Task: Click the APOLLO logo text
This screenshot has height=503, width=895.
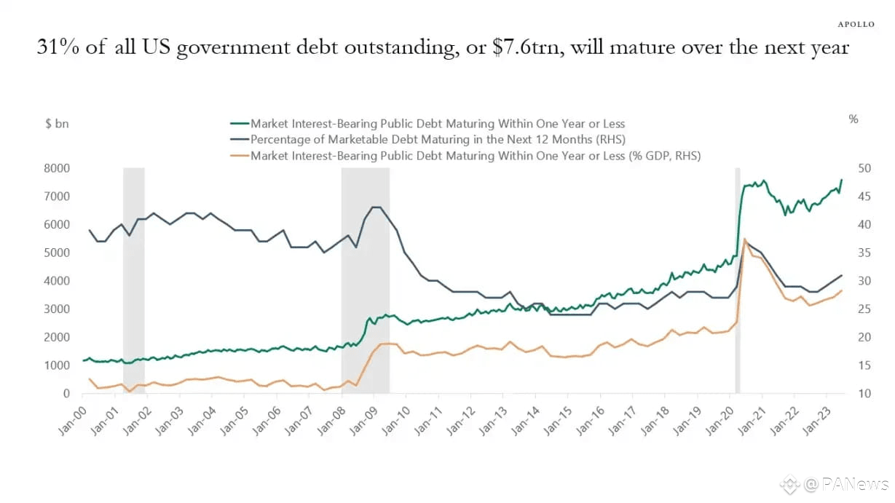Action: [856, 24]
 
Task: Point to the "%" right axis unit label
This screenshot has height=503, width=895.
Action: [853, 119]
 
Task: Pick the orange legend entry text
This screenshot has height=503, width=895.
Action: [475, 155]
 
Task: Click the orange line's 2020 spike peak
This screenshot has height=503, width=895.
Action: [744, 239]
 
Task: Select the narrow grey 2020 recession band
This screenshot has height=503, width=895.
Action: [737, 280]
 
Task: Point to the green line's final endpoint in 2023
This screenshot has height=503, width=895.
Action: [842, 180]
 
